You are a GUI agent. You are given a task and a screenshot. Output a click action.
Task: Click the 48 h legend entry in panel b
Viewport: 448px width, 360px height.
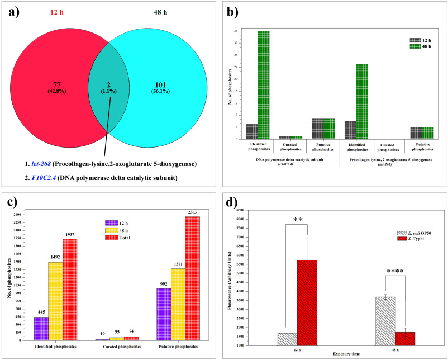coord(422,46)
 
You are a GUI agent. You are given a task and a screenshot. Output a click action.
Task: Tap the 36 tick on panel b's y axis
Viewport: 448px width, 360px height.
coord(236,31)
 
